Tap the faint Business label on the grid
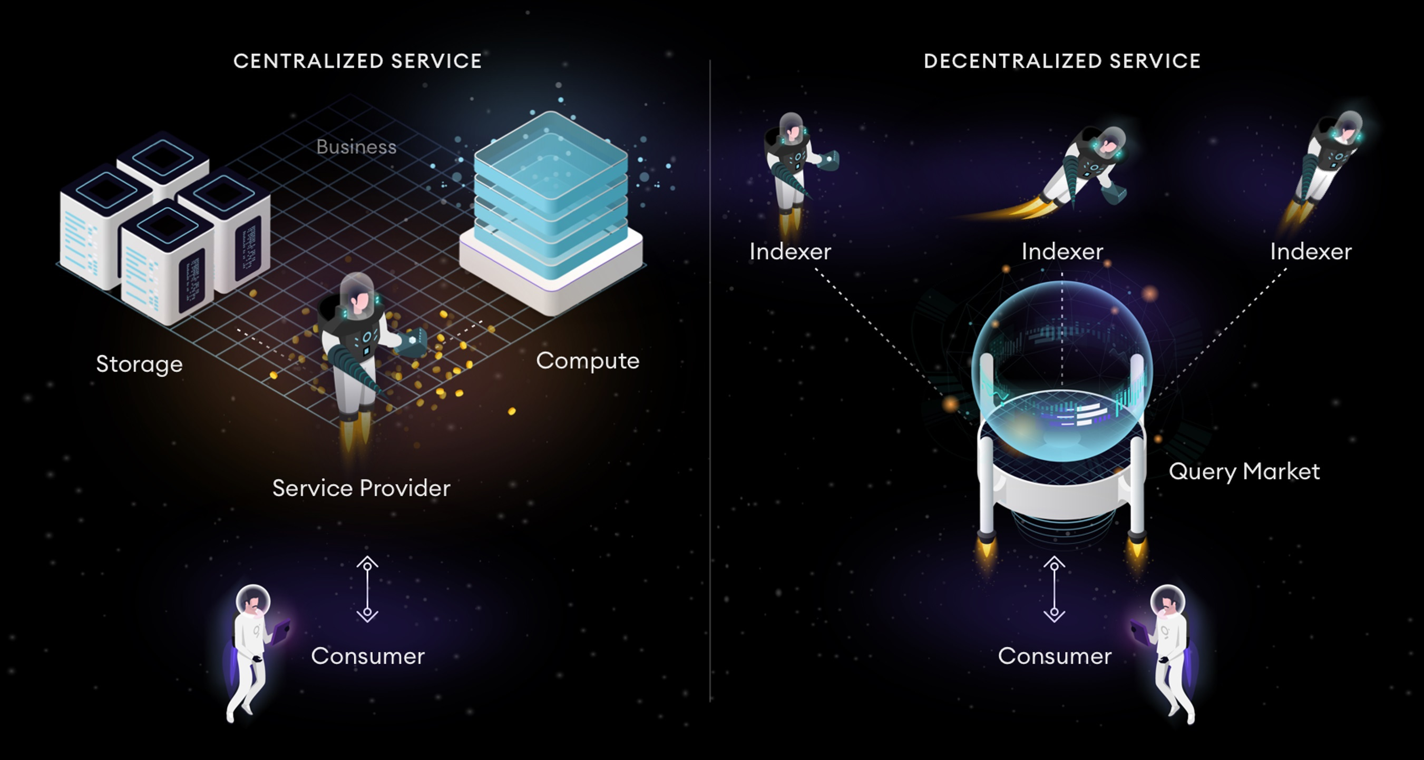pos(356,147)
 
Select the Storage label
pos(139,364)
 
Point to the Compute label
pos(588,361)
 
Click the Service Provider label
pos(362,488)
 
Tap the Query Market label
pos(1244,472)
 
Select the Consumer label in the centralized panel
pos(368,656)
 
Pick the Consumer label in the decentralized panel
pos(1055,656)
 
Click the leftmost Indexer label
pos(790,252)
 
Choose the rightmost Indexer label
pos(1311,252)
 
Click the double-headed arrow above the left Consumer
pos(367,589)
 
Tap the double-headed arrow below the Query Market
pos(1054,589)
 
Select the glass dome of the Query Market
pos(1061,353)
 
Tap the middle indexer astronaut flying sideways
pos(1086,166)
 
